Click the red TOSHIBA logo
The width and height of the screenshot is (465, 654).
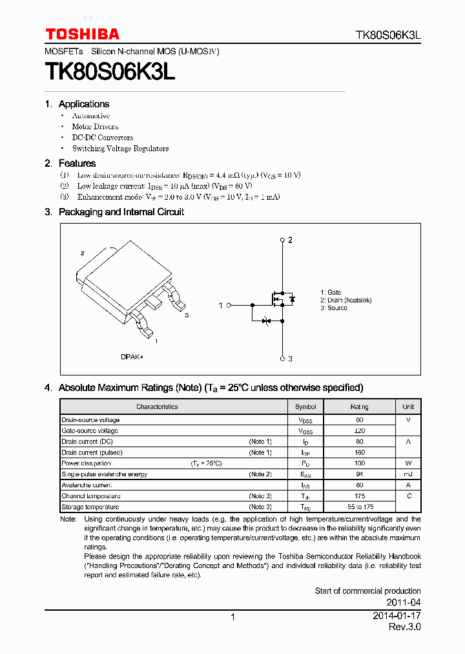click(x=82, y=34)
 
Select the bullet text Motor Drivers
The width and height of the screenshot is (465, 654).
click(x=95, y=127)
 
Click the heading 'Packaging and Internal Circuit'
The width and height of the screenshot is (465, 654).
click(x=121, y=212)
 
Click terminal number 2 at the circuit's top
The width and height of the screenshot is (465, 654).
click(x=291, y=240)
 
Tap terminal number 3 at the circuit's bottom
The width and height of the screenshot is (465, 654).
click(x=291, y=359)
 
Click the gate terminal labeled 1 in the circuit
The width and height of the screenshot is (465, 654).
click(x=220, y=305)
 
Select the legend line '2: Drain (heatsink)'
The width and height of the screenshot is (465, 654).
click(x=346, y=301)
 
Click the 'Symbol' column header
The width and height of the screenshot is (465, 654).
click(x=305, y=406)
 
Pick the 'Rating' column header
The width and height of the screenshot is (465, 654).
click(x=360, y=406)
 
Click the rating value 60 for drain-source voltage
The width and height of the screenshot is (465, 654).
click(x=360, y=420)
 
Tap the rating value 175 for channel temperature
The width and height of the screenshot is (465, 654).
click(x=360, y=496)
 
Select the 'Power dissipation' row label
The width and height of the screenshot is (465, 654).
click(x=86, y=463)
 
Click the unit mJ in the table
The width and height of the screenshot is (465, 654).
click(x=408, y=474)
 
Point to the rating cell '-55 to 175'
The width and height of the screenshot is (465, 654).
click(x=360, y=507)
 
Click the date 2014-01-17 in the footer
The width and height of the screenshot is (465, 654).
click(x=397, y=616)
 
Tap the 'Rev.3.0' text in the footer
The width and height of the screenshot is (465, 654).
click(x=405, y=628)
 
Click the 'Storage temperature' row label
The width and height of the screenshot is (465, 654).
click(x=90, y=507)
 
